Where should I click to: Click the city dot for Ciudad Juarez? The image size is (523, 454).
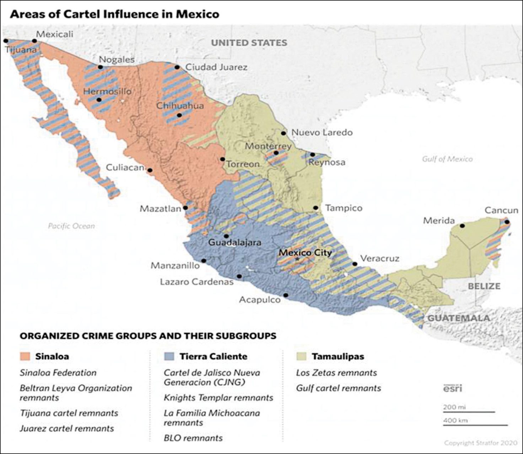coord(177,67)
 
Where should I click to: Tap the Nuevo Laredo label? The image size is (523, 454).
coord(322,133)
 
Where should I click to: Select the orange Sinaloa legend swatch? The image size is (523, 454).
coord(25,356)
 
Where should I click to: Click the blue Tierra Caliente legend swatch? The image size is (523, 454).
coord(169,356)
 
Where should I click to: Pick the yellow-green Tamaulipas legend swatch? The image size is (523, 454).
coord(301,356)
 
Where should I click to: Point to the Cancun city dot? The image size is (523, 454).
coord(507,222)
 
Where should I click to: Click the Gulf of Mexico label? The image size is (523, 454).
coord(447,159)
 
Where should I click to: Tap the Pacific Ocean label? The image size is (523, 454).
coord(71,226)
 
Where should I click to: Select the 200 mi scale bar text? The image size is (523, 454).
coord(454,407)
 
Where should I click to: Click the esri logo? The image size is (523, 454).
coord(452,388)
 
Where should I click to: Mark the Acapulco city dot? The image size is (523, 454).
coord(286,295)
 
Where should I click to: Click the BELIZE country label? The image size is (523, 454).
coord(484,286)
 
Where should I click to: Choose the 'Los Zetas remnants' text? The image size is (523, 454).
coord(336,373)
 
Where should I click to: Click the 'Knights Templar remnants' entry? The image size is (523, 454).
coord(218,398)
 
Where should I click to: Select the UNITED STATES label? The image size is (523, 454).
coord(249,43)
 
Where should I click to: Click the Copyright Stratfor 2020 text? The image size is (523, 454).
coord(480,443)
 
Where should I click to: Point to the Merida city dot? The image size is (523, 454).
coord(462,226)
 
